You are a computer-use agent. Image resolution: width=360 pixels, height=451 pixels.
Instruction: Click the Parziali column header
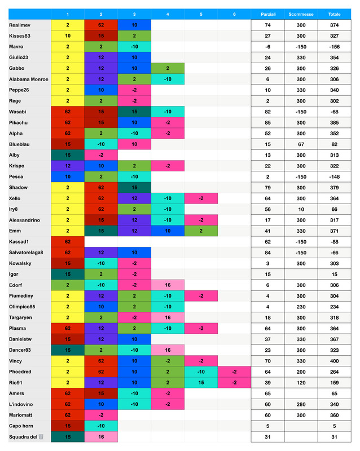coord(267,14)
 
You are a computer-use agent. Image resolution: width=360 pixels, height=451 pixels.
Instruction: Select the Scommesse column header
coord(301,14)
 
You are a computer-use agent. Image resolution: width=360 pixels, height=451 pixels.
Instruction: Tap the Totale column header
coord(334,14)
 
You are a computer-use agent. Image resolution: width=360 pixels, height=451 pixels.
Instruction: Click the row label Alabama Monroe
coord(29,79)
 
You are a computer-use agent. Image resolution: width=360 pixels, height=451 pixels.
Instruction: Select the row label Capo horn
coord(22,426)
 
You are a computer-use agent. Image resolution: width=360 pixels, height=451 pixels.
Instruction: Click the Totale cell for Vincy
coord(334,361)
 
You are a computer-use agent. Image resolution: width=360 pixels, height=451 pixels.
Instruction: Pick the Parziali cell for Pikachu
coord(267,122)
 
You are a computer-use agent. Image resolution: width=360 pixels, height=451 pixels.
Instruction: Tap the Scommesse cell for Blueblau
coord(301,144)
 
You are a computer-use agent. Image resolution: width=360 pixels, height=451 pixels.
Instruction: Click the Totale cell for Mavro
coord(334,47)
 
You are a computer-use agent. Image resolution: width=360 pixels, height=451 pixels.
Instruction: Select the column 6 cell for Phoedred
coord(235,372)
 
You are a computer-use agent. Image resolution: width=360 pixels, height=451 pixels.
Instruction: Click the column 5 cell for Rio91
coord(201,383)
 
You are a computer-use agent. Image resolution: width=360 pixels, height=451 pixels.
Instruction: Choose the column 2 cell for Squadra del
coord(101,437)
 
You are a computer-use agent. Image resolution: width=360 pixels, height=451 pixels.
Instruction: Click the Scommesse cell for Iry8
coord(301,209)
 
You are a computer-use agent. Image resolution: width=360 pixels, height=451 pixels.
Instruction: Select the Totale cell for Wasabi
coord(334,112)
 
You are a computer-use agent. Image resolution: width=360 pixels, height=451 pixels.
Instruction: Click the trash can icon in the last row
coord(41,437)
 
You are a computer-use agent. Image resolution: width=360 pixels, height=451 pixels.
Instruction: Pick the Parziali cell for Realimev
coord(267,25)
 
